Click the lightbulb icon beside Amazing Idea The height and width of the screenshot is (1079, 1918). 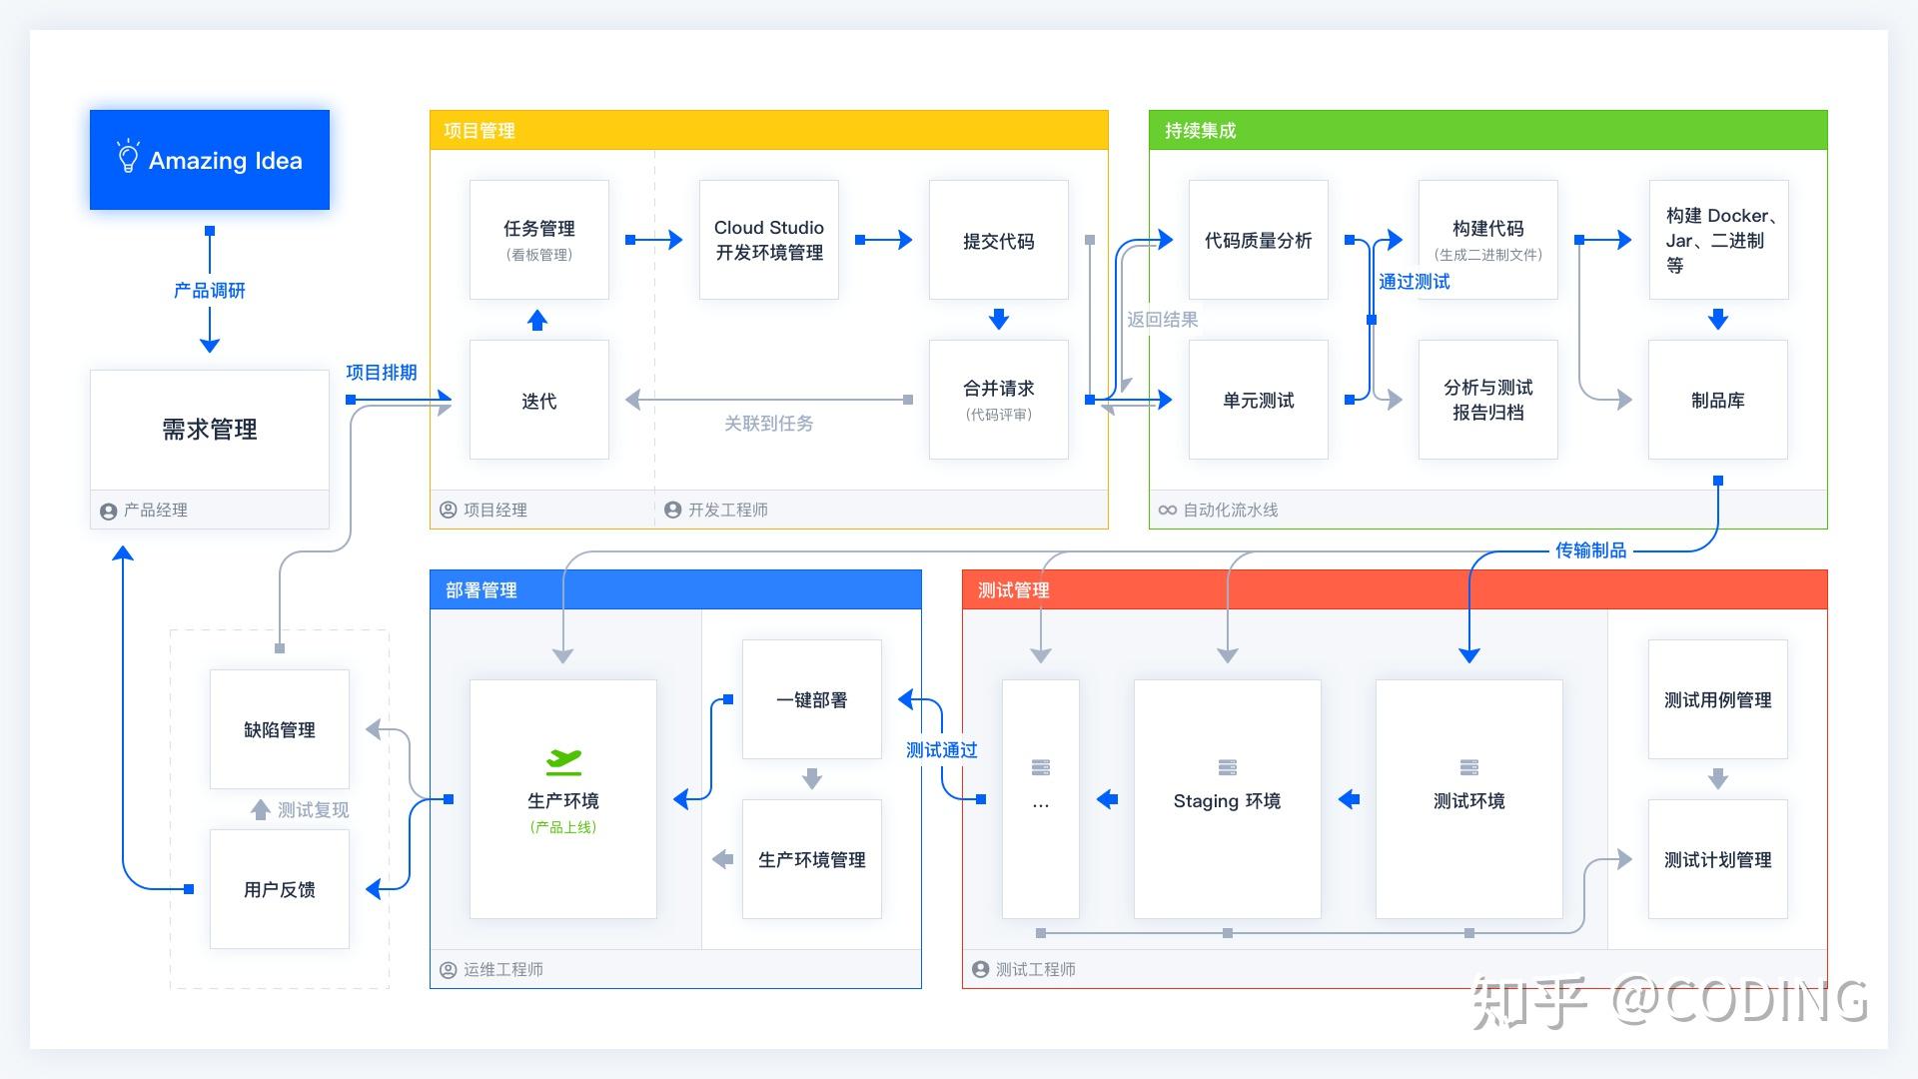click(x=128, y=158)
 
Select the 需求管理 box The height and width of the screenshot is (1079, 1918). click(x=210, y=430)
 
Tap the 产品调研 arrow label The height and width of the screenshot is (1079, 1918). click(x=210, y=291)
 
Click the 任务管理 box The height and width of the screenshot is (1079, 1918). click(x=539, y=240)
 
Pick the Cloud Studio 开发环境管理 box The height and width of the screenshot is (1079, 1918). click(x=769, y=240)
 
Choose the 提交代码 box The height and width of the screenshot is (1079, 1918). click(x=999, y=240)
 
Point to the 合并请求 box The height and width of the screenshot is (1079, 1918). click(x=999, y=400)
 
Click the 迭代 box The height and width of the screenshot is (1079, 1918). click(x=539, y=400)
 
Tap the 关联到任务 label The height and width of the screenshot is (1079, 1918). click(x=769, y=424)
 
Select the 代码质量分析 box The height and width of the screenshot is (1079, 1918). click(x=1259, y=240)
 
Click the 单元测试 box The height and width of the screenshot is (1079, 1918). click(x=1259, y=400)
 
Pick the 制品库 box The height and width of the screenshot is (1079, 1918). click(x=1718, y=400)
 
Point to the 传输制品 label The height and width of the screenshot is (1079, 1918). click(x=1590, y=550)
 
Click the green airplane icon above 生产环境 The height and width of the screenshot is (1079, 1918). click(x=563, y=762)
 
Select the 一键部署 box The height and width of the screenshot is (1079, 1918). click(x=812, y=699)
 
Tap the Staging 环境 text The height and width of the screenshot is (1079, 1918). click(x=1227, y=801)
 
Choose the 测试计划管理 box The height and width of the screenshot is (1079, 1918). click(x=1718, y=859)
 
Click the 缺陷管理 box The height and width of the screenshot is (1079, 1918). click(x=280, y=729)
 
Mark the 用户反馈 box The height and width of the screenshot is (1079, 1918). click(x=280, y=889)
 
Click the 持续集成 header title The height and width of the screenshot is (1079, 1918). click(x=1200, y=131)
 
